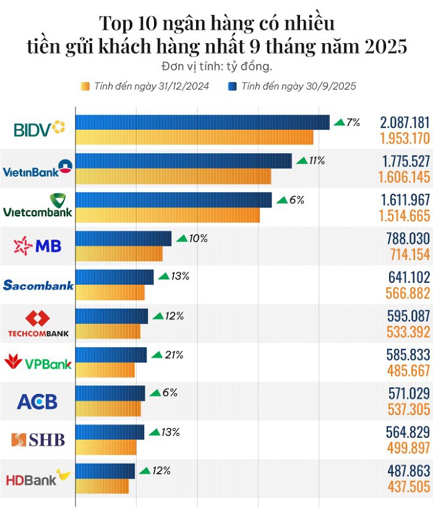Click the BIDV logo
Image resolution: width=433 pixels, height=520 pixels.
point(39,129)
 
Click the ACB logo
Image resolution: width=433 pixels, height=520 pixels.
point(37,401)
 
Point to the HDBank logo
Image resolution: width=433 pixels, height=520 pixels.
point(38,478)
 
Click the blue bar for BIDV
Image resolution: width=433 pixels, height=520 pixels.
point(202,122)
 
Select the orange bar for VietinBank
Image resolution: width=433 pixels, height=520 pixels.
point(173,176)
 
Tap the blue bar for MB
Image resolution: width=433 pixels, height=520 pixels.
point(123,238)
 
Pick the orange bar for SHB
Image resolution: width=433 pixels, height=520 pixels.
point(106,447)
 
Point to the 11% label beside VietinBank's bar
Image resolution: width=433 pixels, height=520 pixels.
point(317,161)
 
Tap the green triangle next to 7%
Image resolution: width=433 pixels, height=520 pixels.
point(339,122)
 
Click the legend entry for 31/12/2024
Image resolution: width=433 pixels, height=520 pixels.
point(145,86)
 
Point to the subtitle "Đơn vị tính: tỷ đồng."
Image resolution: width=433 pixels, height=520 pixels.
point(216,66)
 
